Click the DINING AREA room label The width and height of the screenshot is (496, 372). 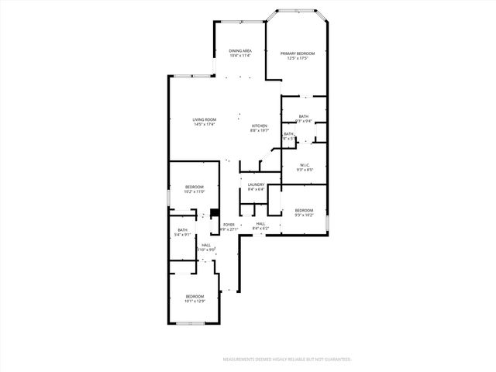pyautogui.click(x=240, y=51)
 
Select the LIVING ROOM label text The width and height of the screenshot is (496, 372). pyautogui.click(x=204, y=119)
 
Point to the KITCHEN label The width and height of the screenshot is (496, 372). pyautogui.click(x=259, y=126)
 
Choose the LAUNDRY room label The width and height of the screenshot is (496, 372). pyautogui.click(x=256, y=184)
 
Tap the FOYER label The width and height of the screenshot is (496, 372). pyautogui.click(x=229, y=225)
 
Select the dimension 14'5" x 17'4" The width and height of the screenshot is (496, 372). pyautogui.click(x=204, y=124)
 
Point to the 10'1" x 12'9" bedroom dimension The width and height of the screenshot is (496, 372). pyautogui.click(x=194, y=301)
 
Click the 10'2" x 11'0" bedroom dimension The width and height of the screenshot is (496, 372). pyautogui.click(x=194, y=191)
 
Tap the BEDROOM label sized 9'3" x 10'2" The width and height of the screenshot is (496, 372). pyautogui.click(x=303, y=210)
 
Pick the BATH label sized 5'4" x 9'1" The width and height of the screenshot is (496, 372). pyautogui.click(x=182, y=229)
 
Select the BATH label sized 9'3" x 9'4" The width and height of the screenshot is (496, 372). pyautogui.click(x=303, y=117)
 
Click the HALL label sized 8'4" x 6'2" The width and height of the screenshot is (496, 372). pyautogui.click(x=260, y=225)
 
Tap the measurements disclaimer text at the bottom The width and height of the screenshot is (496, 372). pyautogui.click(x=287, y=360)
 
